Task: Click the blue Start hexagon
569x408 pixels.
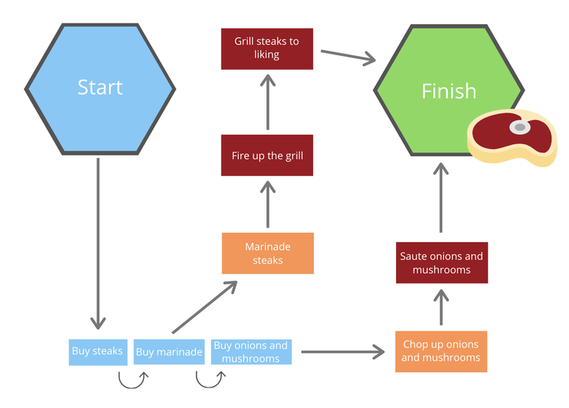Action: pos(100,88)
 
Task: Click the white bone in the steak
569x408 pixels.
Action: pos(520,127)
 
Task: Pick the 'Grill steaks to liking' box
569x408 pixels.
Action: pos(267,49)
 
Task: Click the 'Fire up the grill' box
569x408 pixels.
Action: pos(267,155)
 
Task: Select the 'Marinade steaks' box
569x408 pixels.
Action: pos(267,253)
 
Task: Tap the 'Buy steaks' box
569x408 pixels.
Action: pos(97,352)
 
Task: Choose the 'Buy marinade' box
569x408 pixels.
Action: pos(168,352)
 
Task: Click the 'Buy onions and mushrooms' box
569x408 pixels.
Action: pos(250,352)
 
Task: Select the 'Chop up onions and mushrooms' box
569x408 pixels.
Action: pos(441,351)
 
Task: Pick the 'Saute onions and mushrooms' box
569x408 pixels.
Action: pos(442,263)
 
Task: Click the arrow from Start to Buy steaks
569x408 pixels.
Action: pos(98,243)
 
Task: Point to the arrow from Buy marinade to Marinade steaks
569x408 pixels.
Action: pos(203,308)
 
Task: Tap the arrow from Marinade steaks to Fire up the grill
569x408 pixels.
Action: pos(267,205)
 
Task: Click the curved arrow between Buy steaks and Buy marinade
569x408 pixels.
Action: pos(132,379)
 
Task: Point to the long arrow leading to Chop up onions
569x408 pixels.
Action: pos(341,352)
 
